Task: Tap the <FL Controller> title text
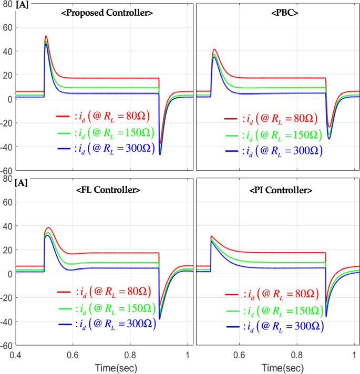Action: click(108, 189)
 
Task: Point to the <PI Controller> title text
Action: click(278, 190)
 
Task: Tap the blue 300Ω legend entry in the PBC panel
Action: click(273, 151)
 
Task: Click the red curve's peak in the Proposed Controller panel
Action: click(46, 36)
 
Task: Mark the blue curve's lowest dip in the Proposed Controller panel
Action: click(160, 154)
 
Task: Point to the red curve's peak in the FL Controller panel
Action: click(48, 227)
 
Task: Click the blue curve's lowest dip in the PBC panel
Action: click(329, 139)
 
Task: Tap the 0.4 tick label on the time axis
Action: click(16, 355)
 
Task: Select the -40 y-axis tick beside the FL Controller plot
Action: click(7, 321)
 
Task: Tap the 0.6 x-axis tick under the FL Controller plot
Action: click(73, 355)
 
